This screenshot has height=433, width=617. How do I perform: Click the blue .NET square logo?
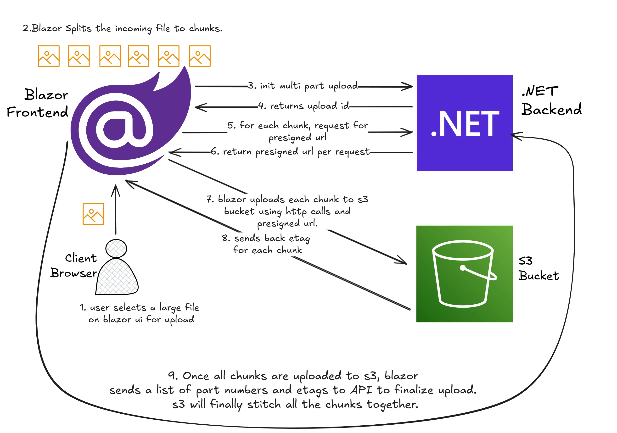[x=464, y=123]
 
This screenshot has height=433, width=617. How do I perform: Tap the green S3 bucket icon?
[x=464, y=274]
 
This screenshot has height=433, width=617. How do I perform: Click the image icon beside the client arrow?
[x=93, y=214]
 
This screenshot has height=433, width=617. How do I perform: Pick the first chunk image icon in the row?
[x=49, y=56]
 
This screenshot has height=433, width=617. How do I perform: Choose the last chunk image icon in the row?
[x=200, y=56]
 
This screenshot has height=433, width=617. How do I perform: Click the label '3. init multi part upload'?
[x=303, y=86]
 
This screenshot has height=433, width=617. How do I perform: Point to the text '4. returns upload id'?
[x=303, y=106]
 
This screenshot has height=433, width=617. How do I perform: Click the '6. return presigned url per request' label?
[x=290, y=152]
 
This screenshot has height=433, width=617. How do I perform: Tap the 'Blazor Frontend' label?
[x=38, y=103]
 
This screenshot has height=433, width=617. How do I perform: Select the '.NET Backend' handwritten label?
[x=551, y=100]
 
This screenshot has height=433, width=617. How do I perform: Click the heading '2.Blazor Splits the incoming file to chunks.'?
[x=122, y=28]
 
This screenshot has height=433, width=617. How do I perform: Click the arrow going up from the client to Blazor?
[x=116, y=210]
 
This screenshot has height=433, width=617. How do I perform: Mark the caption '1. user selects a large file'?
[x=139, y=308]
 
